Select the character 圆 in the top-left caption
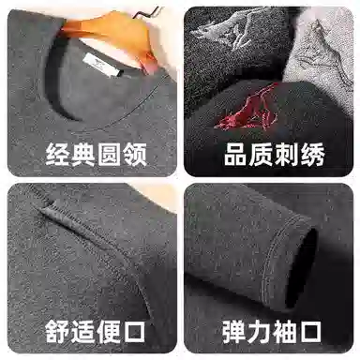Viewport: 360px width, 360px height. (109, 155)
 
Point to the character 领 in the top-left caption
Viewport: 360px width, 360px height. (134, 155)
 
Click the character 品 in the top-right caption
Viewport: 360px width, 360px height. (236, 155)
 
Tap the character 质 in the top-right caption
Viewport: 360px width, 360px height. (262, 155)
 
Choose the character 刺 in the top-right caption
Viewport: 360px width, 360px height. (287, 155)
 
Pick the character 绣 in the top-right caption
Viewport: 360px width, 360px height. (312, 155)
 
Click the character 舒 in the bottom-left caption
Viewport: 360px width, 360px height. (57, 332)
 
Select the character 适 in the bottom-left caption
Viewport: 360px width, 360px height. (82, 332)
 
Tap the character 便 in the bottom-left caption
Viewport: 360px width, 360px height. (109, 332)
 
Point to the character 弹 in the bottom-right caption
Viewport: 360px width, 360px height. (234, 332)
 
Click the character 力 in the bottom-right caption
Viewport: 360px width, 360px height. (260, 332)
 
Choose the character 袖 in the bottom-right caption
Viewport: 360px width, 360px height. (285, 332)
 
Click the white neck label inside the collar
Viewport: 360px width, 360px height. (103, 65)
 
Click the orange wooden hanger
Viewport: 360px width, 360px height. (114, 35)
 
